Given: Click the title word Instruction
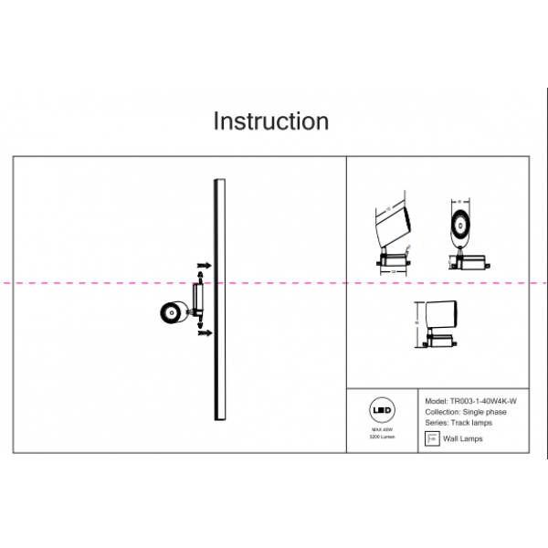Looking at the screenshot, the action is click(270, 121).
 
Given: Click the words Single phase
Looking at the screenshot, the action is click(484, 412).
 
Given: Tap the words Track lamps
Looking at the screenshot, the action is click(471, 423).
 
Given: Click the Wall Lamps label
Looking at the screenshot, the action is click(463, 439).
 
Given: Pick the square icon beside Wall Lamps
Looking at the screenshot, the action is click(432, 439).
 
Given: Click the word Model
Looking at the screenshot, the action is click(436, 401).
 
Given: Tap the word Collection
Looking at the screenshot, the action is click(442, 412).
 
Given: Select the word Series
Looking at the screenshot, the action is click(437, 423).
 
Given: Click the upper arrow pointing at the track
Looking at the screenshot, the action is click(205, 265).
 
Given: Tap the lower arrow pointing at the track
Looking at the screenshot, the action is click(205, 332).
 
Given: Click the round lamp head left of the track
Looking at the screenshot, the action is click(169, 313).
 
